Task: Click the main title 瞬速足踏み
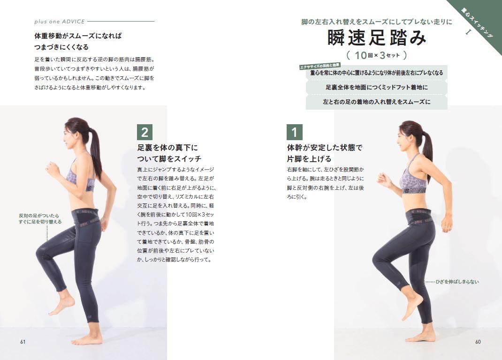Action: pos(377,38)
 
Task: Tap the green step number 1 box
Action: pos(295,132)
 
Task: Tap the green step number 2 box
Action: pos(145,132)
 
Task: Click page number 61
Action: pos(23,342)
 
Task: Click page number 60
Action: pos(478,342)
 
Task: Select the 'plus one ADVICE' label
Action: pos(60,22)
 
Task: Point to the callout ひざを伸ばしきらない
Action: pos(457,282)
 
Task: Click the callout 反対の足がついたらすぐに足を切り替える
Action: pos(40,218)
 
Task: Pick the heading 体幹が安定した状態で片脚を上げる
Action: pos(325,153)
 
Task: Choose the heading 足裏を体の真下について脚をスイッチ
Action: pos(169,153)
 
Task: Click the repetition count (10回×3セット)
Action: pos(377,55)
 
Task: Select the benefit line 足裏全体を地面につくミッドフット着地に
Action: pos(376,87)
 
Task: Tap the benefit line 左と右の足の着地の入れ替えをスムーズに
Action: pos(376,102)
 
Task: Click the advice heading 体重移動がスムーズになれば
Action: pos(78,36)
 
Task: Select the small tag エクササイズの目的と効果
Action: pos(319,67)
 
